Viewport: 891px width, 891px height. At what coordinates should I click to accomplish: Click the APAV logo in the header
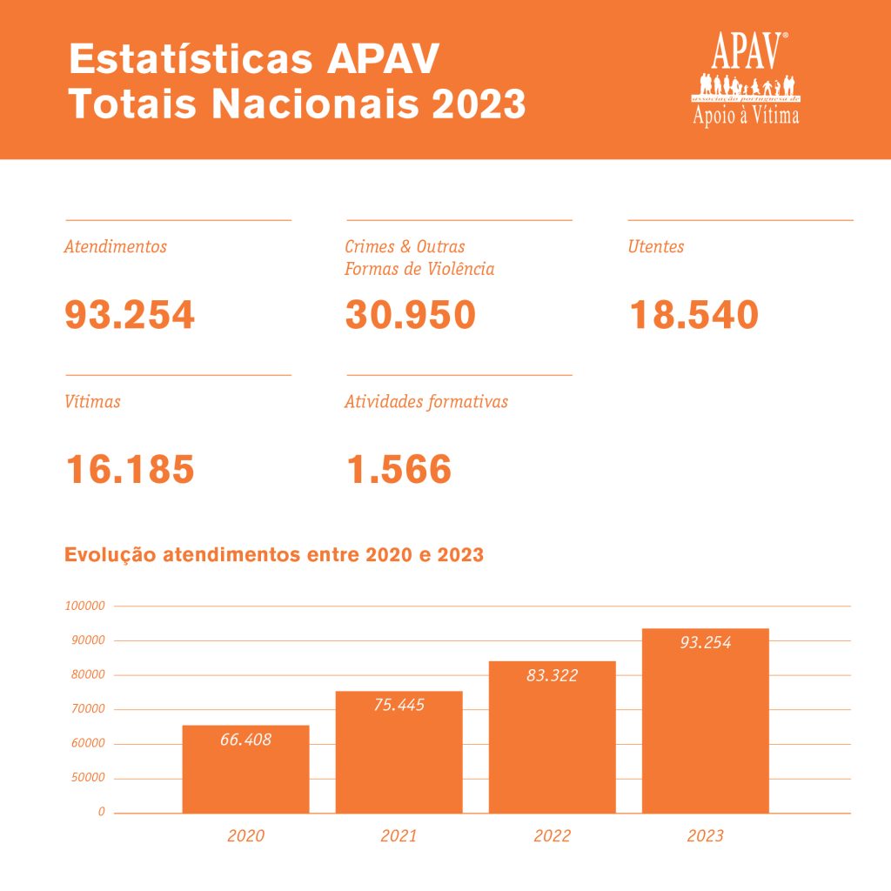[747, 78]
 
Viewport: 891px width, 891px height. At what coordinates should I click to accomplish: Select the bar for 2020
[245, 770]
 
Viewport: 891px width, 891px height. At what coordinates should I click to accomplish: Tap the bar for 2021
[399, 753]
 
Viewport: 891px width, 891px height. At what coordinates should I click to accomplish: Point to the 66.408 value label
[245, 740]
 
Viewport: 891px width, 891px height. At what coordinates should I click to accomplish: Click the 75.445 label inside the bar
[399, 706]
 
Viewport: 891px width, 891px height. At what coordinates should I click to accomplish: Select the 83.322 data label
[552, 675]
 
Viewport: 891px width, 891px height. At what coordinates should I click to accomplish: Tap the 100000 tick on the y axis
[84, 606]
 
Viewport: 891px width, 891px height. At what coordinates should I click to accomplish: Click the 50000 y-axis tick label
[87, 778]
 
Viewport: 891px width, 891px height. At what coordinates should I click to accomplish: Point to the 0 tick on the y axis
[101, 812]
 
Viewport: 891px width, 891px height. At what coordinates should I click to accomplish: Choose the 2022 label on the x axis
[552, 836]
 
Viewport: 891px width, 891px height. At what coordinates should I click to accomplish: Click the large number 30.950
[411, 315]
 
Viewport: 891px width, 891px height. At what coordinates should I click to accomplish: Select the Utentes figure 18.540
[693, 315]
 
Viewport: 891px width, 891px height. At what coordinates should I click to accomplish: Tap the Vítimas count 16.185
[131, 470]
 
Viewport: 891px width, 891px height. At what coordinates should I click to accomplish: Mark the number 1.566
[399, 470]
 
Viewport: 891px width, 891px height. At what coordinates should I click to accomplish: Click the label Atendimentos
[116, 247]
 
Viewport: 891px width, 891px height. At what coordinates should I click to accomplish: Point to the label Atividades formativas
[426, 402]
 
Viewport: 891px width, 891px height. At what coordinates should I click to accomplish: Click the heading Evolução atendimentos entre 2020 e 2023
[274, 555]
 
